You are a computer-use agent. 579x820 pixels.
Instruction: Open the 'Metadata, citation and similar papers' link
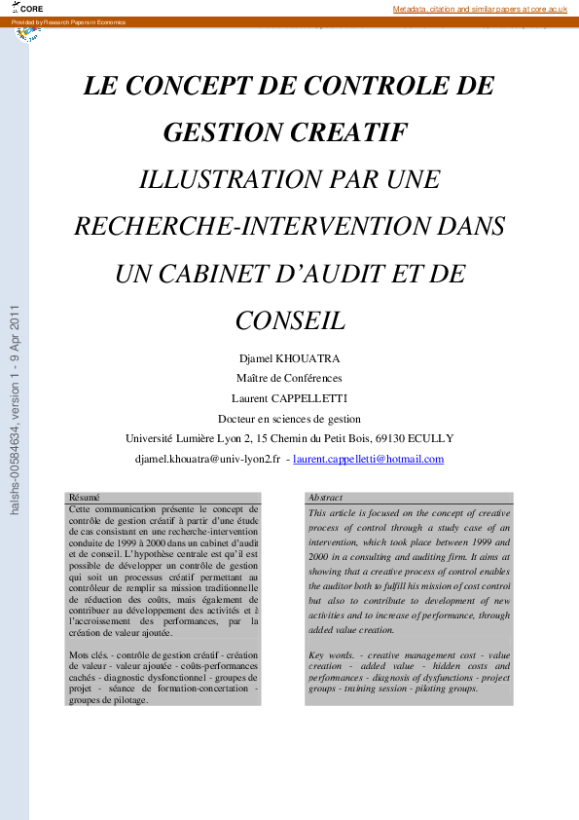479,9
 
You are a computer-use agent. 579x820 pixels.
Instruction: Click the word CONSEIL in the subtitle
290,319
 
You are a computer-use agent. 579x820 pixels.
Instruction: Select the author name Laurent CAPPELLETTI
289,398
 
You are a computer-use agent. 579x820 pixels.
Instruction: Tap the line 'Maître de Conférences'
289,379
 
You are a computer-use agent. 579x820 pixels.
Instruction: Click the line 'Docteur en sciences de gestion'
289,419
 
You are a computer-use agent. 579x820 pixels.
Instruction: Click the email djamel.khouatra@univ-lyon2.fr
208,459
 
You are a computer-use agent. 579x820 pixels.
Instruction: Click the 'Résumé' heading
85,497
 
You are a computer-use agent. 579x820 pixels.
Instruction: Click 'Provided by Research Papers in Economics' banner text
69,21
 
